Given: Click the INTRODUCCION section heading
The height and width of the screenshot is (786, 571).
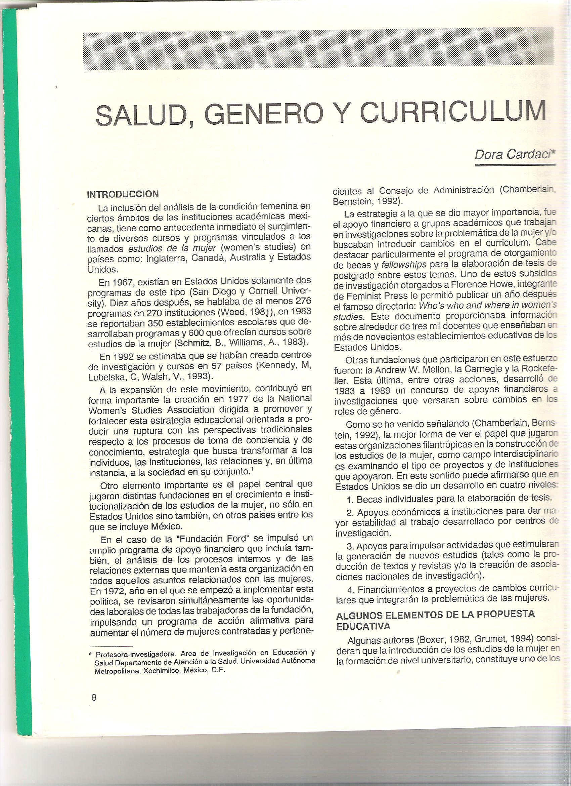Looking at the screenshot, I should [123, 194].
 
